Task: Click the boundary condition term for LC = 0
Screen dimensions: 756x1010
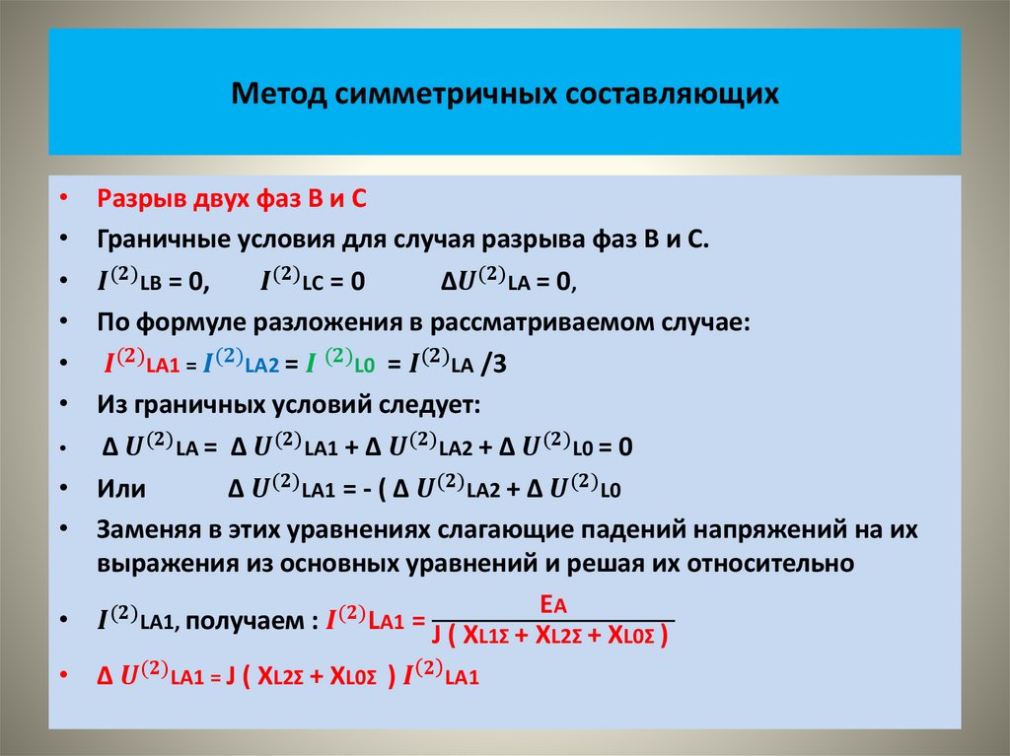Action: [x=313, y=281]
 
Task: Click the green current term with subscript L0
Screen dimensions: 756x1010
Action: [x=338, y=364]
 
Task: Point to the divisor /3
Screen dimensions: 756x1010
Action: [x=493, y=364]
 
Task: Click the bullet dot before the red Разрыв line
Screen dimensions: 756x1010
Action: [x=64, y=198]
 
